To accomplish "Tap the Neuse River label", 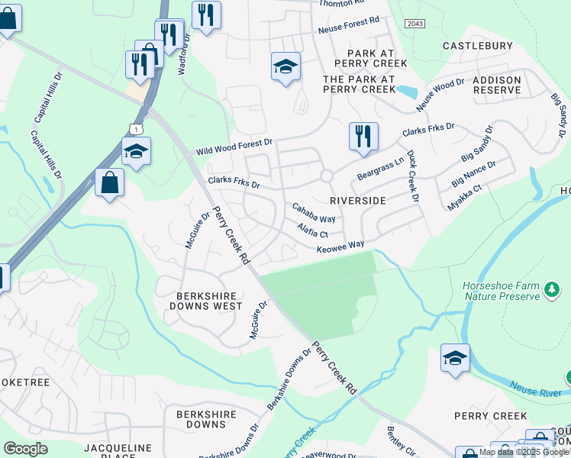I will tap(535, 389).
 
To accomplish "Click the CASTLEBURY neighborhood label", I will tap(478, 47).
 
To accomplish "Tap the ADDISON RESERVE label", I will tap(497, 85).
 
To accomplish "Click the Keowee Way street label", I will tap(340, 246).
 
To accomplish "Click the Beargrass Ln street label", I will tap(379, 170).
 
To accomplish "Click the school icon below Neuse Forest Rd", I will tap(285, 66).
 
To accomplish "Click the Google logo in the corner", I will tap(26, 449).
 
